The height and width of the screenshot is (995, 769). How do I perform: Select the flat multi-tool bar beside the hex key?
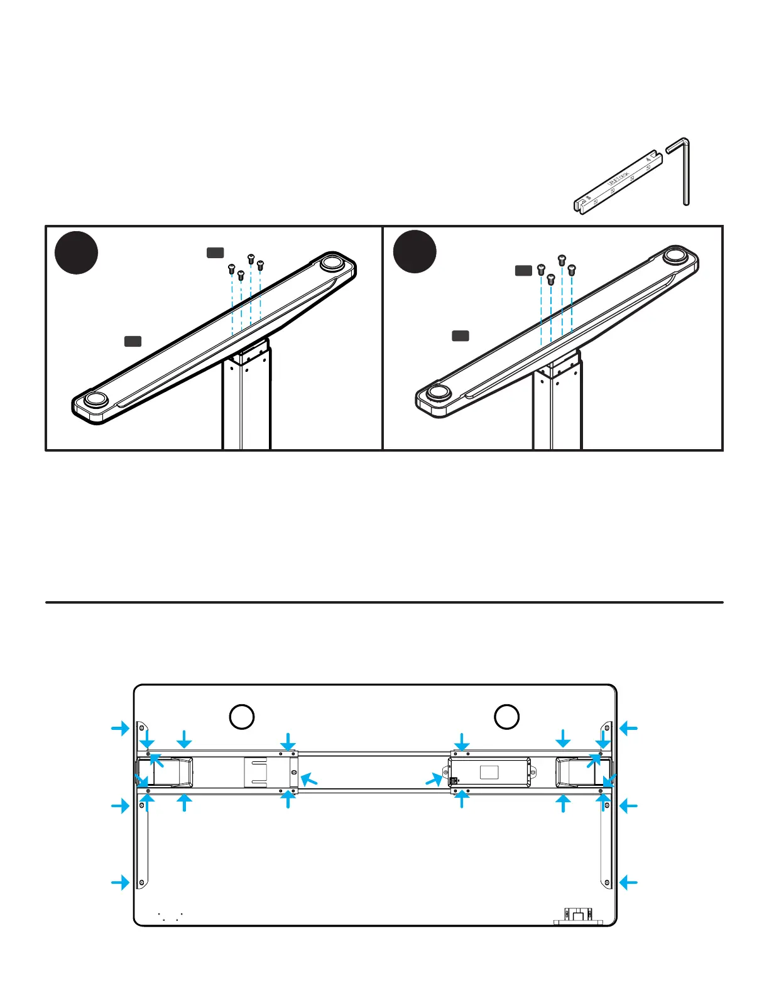[619, 182]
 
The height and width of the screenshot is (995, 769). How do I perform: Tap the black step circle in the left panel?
[76, 253]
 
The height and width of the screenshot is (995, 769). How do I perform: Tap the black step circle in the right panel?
[415, 251]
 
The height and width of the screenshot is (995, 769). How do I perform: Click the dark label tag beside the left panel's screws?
[215, 253]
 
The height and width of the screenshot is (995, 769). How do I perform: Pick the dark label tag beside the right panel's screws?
[523, 271]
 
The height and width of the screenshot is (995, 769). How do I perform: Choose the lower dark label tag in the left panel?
[133, 341]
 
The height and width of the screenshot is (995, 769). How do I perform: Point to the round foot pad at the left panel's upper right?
[330, 263]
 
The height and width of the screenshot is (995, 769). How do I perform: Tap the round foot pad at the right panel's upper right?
[674, 256]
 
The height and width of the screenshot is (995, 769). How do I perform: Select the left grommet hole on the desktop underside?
[241, 717]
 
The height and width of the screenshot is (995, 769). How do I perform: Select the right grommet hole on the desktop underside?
[506, 717]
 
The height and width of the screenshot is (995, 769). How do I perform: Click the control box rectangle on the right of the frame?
[490, 772]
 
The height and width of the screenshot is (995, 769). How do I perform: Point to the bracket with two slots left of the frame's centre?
[256, 772]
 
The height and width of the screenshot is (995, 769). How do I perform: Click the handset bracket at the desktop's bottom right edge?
[578, 915]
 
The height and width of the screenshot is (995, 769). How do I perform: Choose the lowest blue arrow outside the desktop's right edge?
[629, 883]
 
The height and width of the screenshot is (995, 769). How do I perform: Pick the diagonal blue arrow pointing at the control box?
[434, 780]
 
